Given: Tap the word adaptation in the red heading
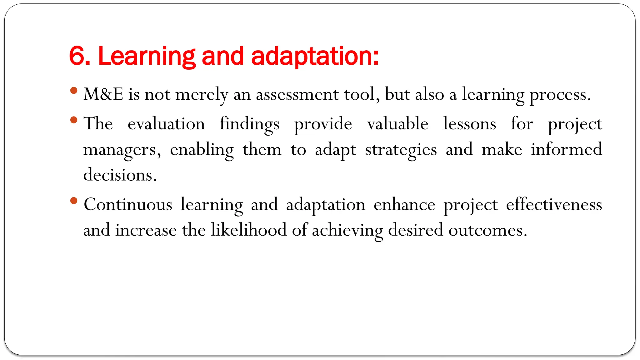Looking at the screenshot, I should pos(315,57).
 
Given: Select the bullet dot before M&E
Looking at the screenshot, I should pos(74,91).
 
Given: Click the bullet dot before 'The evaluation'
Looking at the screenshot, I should pos(74,120).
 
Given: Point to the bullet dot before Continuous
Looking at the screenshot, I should pos(74,201).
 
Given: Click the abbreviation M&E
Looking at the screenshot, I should pos(103,94).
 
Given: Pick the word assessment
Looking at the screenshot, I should pos(297,94).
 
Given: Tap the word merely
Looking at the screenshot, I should pos(202,95).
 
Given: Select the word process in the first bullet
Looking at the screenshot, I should pos(560,95).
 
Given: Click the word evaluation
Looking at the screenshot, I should pos(166,123).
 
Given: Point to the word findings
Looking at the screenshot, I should pos(249,124).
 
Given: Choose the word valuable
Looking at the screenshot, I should pos(397,123).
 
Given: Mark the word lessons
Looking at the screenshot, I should pos(469,123).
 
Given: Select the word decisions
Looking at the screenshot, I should pos(120,175).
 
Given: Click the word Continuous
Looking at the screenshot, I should pos(128,205).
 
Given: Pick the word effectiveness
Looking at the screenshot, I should pos(554,205).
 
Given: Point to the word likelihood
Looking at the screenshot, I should pos(248,230).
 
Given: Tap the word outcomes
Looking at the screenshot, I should pos(487,230).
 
